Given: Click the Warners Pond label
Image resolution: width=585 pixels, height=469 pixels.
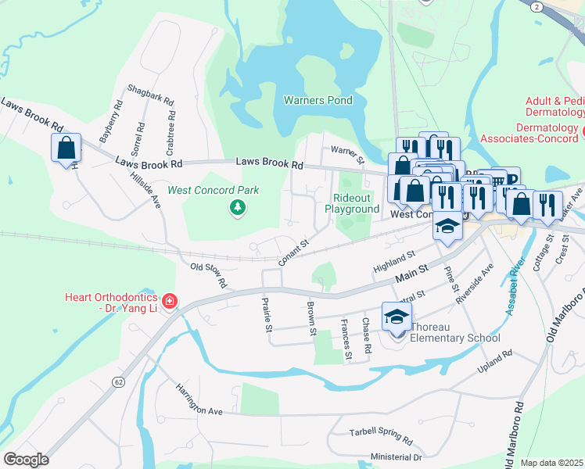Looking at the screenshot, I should point(318,101).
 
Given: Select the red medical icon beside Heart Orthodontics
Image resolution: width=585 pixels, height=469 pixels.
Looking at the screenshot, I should point(170,301).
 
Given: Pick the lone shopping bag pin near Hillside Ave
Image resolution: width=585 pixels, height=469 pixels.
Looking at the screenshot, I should point(66,147).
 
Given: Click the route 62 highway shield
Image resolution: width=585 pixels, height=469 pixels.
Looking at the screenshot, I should point(118,381).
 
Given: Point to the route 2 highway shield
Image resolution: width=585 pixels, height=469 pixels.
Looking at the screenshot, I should point(537,6).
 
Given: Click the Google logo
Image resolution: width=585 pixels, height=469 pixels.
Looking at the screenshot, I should point(25,460).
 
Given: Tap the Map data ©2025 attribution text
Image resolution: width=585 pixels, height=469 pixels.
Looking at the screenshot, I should point(551,463).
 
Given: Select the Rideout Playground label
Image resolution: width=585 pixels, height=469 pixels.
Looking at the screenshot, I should point(356,204).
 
